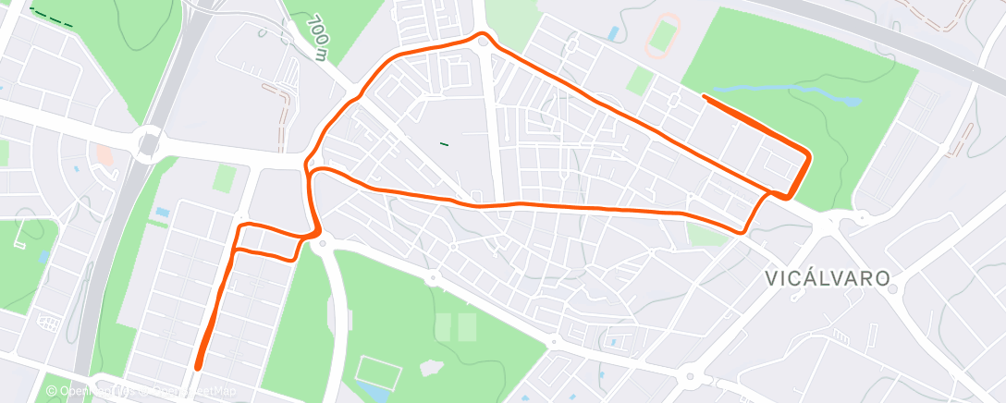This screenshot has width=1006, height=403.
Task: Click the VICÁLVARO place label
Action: click(x=828, y=277)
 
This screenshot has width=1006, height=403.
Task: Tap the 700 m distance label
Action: click(x=320, y=37)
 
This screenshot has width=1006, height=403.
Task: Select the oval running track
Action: click(x=662, y=35)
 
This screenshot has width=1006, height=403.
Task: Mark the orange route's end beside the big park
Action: click(x=705, y=96)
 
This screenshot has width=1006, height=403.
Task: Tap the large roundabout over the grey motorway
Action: click(x=148, y=143)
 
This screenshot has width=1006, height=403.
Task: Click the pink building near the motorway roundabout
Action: click(x=104, y=154)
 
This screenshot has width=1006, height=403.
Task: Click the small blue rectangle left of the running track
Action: click(x=613, y=34)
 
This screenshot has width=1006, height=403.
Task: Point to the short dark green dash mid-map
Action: click(x=445, y=143)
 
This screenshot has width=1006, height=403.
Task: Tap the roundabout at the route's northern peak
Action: click(x=483, y=39)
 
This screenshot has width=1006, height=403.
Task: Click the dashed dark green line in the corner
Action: click(x=51, y=17)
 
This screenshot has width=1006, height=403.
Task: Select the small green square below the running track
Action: click(x=639, y=80)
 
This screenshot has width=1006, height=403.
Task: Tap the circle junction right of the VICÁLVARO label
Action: click(x=892, y=288)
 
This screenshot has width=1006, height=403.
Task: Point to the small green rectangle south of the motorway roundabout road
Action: click(x=223, y=178)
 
